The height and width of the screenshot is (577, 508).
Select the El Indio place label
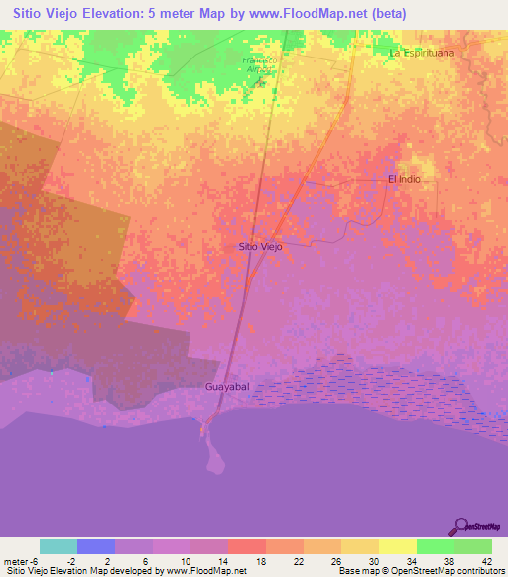[x=405, y=179]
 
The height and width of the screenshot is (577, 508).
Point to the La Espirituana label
[x=428, y=52]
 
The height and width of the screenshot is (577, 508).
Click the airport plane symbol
[x=261, y=80]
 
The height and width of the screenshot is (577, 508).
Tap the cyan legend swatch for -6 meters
[x=59, y=546]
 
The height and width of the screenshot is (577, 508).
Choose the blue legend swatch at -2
[x=96, y=546]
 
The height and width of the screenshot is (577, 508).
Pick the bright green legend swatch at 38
[x=435, y=546]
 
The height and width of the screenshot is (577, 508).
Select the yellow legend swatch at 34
[x=397, y=546]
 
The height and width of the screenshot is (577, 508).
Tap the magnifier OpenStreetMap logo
[x=460, y=526]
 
